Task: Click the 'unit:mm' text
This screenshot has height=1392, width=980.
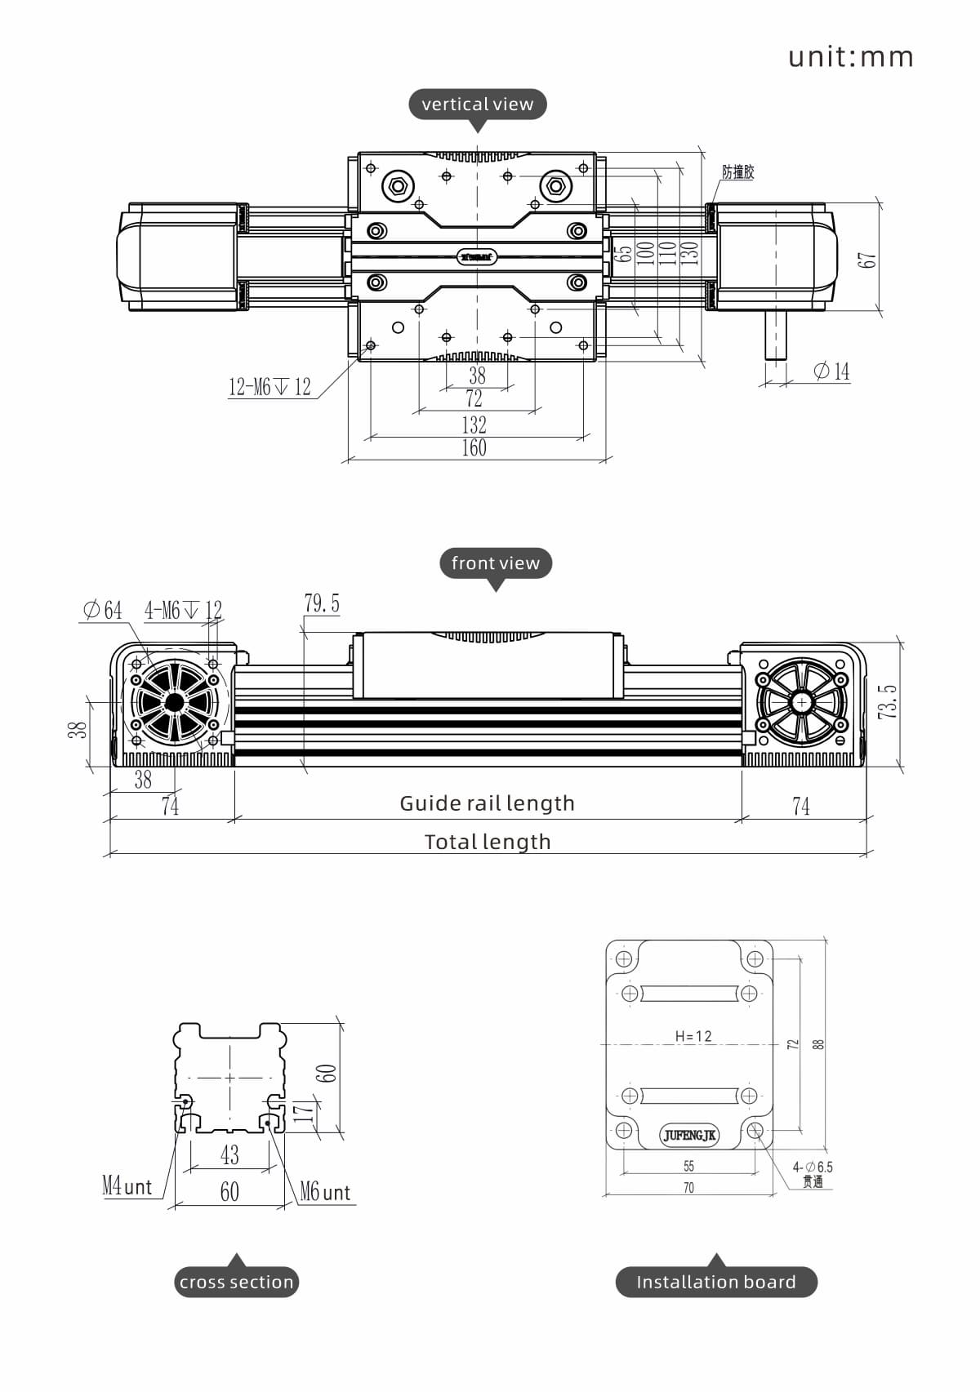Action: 850,57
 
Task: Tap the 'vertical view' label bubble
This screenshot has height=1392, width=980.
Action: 477,105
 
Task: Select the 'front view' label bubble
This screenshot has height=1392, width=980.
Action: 495,563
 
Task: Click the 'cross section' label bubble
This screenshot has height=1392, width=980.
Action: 236,1282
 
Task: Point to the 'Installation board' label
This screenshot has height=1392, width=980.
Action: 715,1282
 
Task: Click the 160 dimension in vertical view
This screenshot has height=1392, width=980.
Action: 474,447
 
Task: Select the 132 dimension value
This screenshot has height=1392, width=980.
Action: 474,425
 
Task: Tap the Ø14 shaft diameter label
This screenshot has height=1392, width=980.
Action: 831,371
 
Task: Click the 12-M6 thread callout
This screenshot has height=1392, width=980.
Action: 269,387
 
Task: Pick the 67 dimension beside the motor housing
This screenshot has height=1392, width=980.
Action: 866,260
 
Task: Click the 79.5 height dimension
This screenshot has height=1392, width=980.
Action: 322,604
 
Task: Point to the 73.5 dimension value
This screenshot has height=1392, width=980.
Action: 888,702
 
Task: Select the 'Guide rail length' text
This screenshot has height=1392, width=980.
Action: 487,803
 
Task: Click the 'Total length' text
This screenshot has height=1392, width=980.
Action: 488,842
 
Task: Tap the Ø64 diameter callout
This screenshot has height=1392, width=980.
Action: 102,610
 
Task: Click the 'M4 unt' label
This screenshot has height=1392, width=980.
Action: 127,1186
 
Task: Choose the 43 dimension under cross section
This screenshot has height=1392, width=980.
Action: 229,1154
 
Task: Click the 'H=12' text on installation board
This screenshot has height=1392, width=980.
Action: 693,1036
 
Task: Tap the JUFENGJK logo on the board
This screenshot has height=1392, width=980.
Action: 689,1136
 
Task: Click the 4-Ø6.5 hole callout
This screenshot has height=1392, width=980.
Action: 813,1167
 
